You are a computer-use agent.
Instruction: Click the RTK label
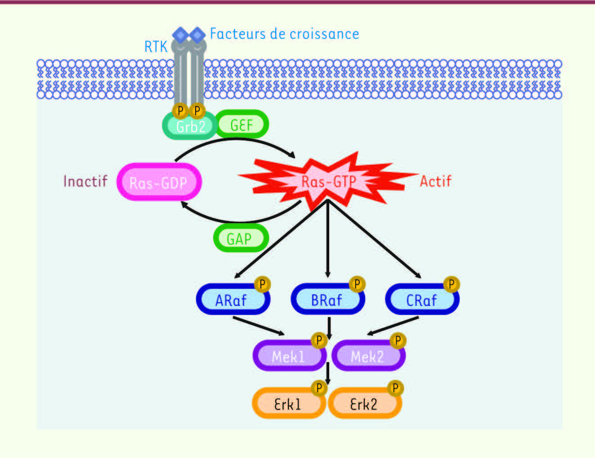[x=156, y=46]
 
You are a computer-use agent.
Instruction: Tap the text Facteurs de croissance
[x=284, y=34]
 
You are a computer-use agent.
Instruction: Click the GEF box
[x=242, y=125]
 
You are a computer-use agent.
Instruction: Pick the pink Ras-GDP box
[x=158, y=182]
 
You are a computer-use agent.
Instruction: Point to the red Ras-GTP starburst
[x=328, y=181]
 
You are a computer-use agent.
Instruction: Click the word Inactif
[x=85, y=181]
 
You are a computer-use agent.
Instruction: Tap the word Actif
[x=435, y=181]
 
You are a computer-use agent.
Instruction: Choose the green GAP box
[x=240, y=238]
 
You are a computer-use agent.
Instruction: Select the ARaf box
[x=231, y=300]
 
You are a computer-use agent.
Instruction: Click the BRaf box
[x=327, y=300]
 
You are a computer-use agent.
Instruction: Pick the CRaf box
[x=421, y=300]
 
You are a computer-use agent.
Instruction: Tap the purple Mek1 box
[x=288, y=357]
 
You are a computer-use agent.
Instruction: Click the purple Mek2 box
[x=367, y=357]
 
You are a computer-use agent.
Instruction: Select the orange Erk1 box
[x=287, y=404]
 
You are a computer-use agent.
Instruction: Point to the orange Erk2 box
[x=363, y=404]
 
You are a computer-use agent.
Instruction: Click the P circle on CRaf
[x=451, y=284]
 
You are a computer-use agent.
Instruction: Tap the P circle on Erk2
[x=395, y=388]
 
